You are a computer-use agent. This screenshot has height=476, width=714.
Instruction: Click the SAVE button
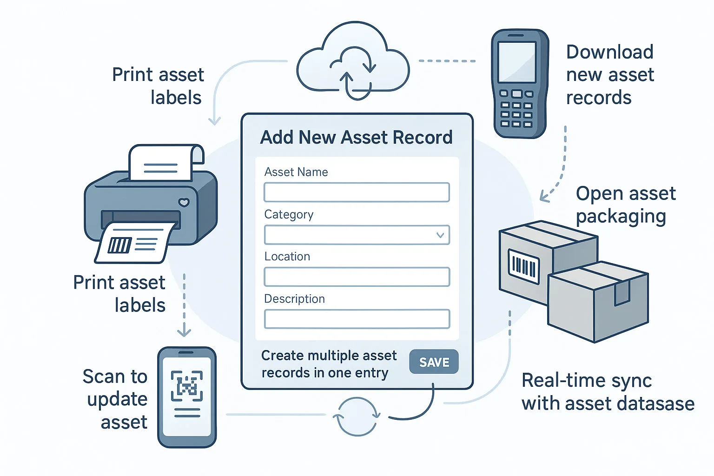434,362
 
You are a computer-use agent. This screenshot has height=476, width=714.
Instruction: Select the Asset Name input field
357,192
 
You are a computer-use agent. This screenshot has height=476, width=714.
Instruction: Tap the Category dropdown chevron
440,235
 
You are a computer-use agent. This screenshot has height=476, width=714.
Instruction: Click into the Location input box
357,277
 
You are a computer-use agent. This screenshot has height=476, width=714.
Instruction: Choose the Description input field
357,319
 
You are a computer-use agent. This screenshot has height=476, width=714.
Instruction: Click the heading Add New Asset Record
356,138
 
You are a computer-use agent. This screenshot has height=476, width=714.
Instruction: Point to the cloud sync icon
353,63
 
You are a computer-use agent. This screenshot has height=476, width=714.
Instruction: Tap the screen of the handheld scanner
516,62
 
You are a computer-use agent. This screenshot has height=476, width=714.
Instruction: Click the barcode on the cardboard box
523,266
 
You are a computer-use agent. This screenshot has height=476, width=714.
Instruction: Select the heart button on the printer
184,202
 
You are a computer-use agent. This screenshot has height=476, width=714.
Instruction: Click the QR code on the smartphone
187,386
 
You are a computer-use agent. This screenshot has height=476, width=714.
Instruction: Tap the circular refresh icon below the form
357,416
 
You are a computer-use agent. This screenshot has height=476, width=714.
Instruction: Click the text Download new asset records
609,75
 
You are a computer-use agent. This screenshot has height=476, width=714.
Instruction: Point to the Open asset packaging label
625,205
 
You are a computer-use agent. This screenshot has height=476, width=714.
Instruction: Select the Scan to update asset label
116,399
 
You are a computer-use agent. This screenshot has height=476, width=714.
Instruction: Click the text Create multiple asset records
329,364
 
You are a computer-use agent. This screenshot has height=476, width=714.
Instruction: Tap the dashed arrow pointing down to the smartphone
184,307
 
